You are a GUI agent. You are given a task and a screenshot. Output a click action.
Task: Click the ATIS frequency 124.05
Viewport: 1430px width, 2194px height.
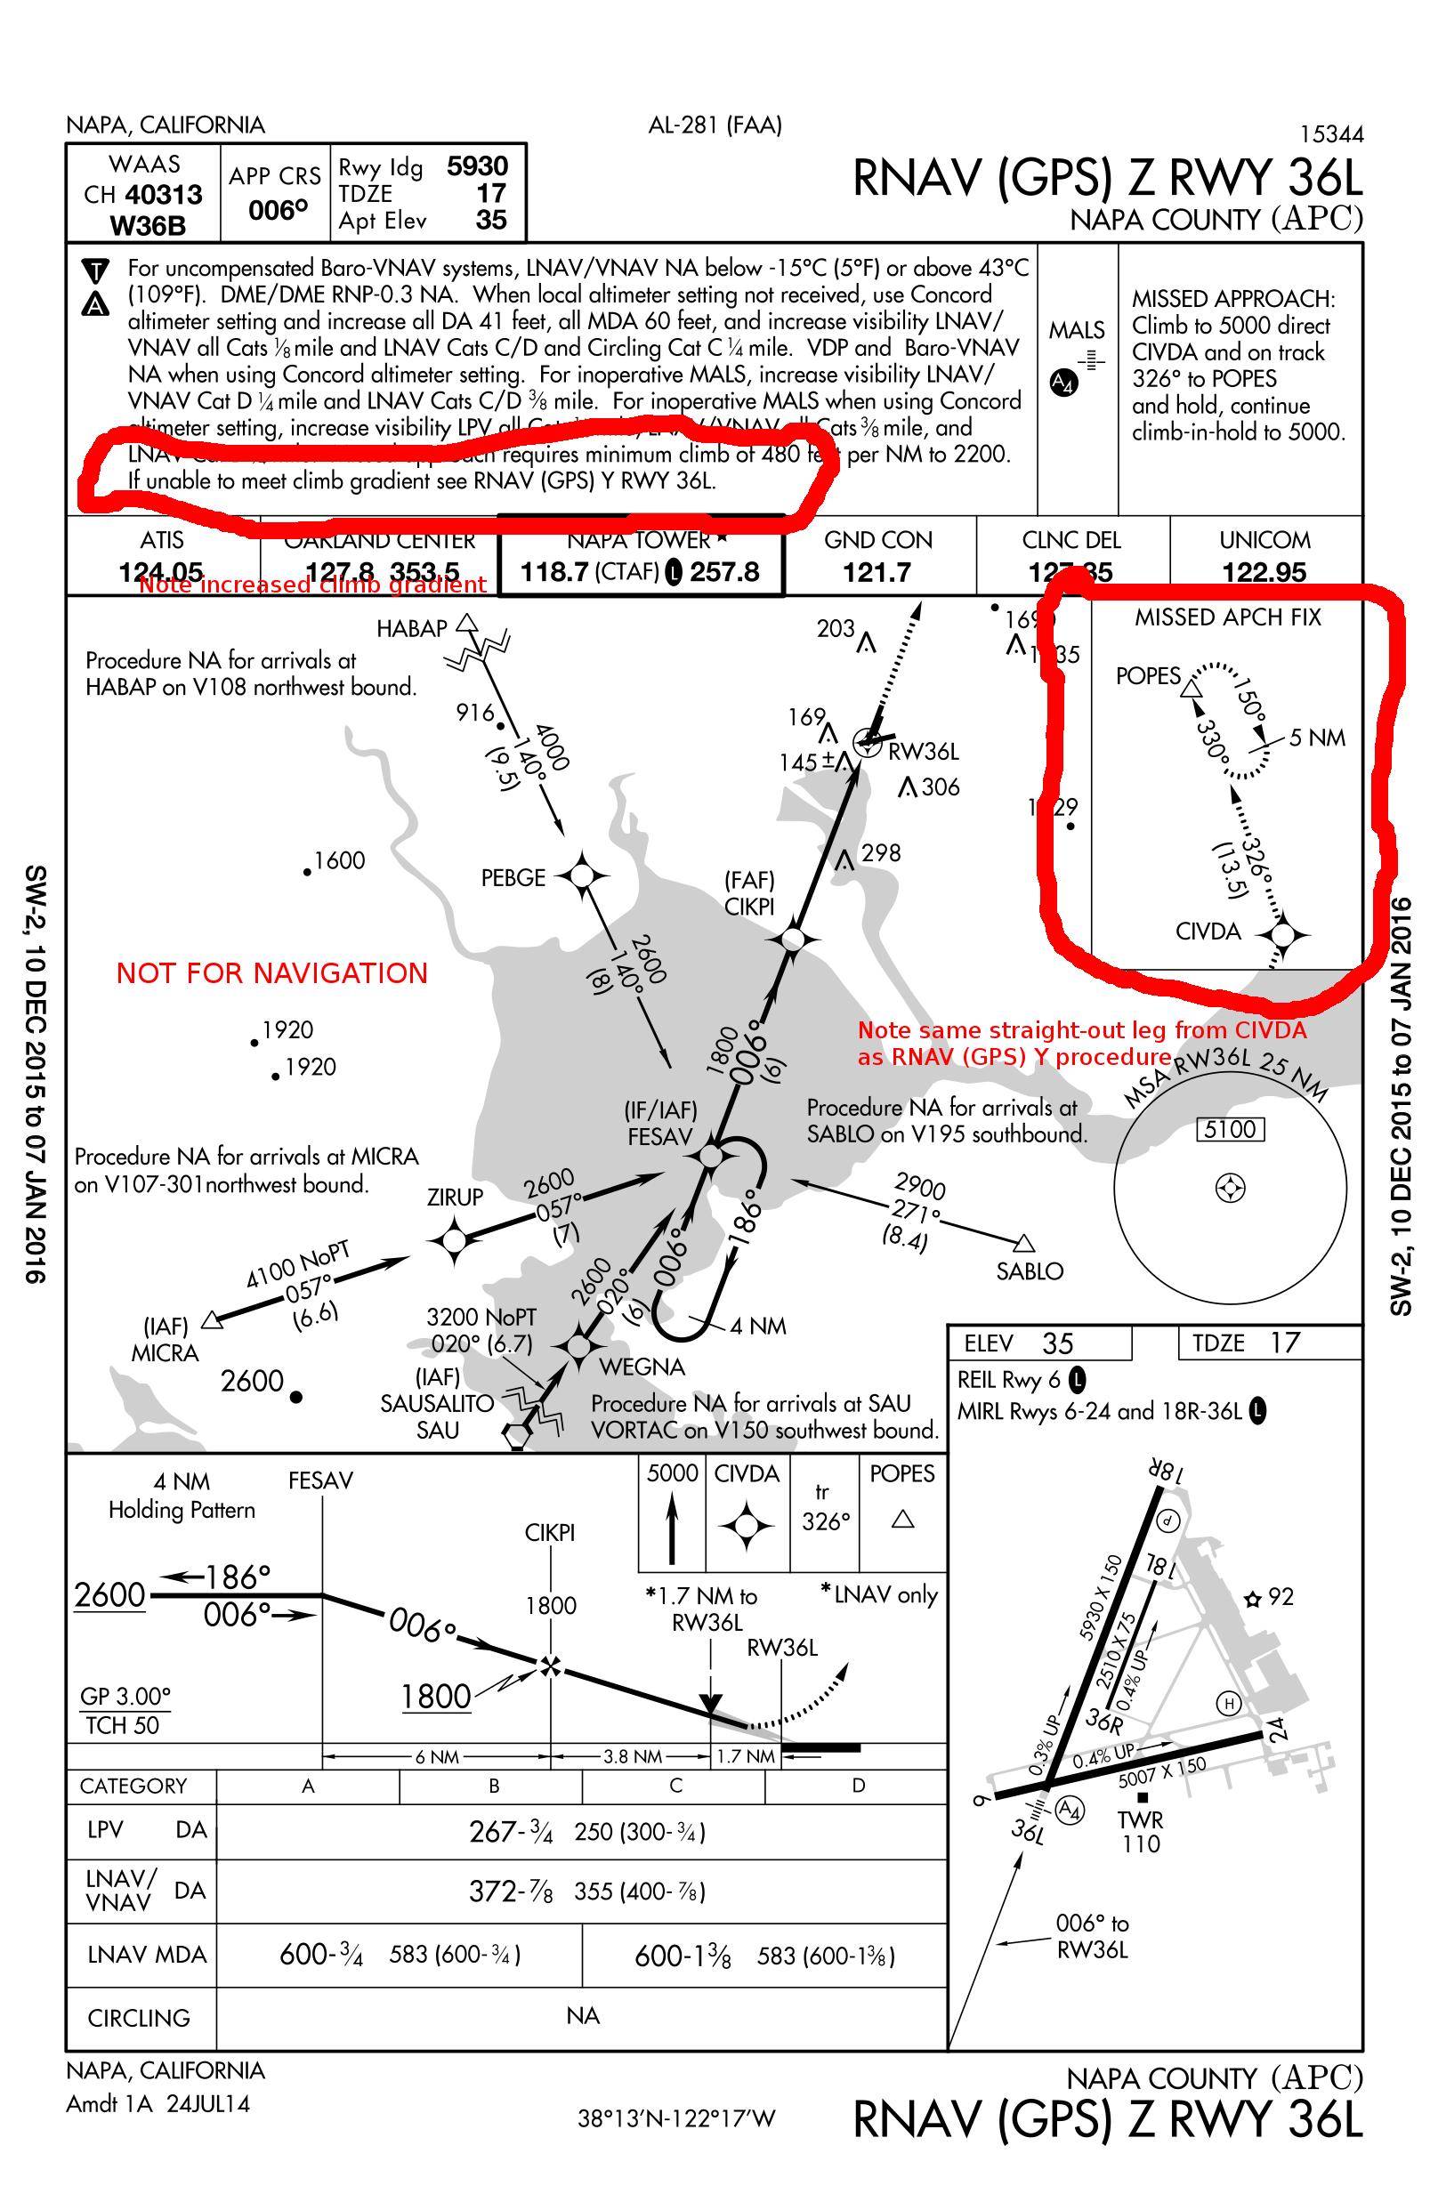coord(161,572)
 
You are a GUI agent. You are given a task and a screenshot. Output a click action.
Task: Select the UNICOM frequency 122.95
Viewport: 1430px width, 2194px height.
coord(1264,572)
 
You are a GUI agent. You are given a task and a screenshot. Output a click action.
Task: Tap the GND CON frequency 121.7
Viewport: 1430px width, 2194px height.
coord(877,572)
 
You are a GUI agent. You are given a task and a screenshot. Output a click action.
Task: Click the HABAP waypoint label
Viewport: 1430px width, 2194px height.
coord(411,629)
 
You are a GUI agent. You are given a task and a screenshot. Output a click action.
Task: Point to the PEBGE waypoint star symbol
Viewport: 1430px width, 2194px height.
coord(583,875)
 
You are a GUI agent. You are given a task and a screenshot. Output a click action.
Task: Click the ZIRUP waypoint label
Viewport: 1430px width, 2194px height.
coord(455,1198)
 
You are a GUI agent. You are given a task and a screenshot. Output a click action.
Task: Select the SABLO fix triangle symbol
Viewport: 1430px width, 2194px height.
coord(1023,1244)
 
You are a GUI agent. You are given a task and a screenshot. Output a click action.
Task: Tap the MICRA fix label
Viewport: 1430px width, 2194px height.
coord(165,1353)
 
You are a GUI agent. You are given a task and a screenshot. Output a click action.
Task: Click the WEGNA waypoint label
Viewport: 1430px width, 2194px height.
coord(642,1367)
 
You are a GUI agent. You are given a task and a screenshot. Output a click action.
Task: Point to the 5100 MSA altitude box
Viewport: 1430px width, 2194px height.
coord(1230,1129)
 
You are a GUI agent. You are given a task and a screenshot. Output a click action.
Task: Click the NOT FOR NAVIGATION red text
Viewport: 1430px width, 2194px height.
coord(272,973)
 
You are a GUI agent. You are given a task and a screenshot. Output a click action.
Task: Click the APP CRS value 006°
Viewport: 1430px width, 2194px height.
coord(278,211)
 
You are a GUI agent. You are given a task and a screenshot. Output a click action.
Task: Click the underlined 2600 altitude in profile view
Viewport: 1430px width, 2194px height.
coord(109,1595)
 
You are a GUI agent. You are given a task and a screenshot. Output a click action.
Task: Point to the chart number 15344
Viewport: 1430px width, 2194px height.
coord(1330,134)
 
